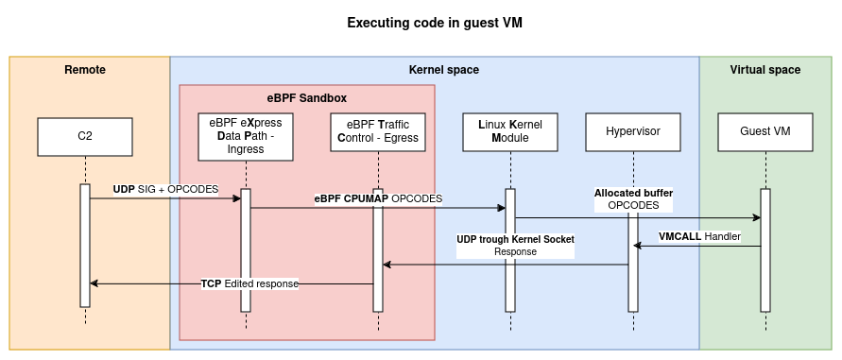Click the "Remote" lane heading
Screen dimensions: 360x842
[85, 70]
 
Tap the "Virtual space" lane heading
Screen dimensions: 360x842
[765, 70]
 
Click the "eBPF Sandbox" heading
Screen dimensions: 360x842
[307, 97]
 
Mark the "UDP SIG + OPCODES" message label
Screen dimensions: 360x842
[165, 189]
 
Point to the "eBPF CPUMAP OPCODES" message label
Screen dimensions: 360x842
[378, 198]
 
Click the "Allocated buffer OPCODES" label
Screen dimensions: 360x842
[633, 198]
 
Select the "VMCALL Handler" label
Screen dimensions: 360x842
[699, 236]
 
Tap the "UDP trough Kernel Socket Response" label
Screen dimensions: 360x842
[515, 246]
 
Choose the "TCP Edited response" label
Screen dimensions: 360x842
[249, 283]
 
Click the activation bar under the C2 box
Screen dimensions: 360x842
[85, 246]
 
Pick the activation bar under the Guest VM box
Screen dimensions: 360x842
[765, 250]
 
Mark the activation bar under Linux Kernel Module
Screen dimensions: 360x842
[510, 250]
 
